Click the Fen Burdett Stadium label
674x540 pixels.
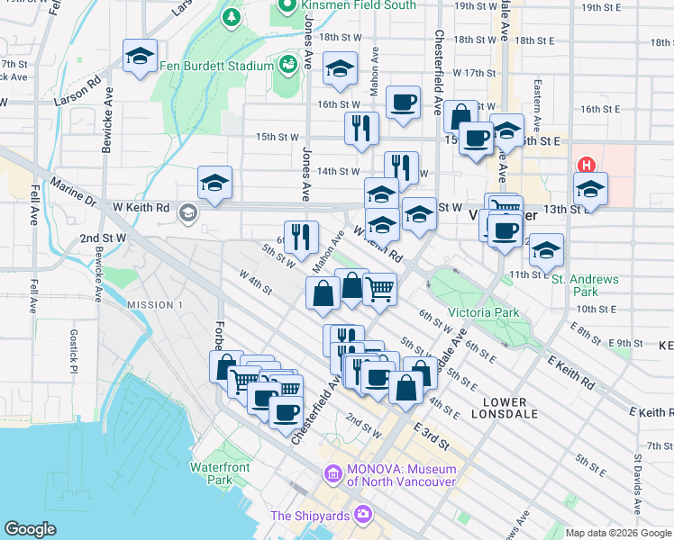pyautogui.click(x=216, y=66)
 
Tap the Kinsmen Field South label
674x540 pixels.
pyautogui.click(x=359, y=5)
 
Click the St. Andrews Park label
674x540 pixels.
pyautogui.click(x=587, y=285)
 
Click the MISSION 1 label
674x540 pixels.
pyautogui.click(x=154, y=305)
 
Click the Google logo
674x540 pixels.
pyautogui.click(x=30, y=529)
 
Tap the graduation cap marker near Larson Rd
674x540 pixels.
pyautogui.click(x=140, y=57)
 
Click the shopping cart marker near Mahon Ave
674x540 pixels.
pyautogui.click(x=380, y=288)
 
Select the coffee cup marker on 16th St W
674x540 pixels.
pyautogui.click(x=403, y=101)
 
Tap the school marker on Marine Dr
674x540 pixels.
pyautogui.click(x=214, y=183)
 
